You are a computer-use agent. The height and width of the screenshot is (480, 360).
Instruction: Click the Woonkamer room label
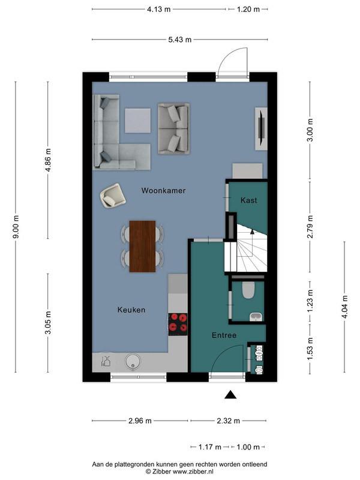click(163, 190)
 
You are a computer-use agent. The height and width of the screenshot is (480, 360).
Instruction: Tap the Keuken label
click(131, 310)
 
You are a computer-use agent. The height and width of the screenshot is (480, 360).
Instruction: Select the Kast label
click(248, 200)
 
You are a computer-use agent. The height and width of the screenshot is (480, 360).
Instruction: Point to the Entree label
click(224, 335)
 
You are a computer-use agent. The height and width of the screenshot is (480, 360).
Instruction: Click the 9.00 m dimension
click(16, 227)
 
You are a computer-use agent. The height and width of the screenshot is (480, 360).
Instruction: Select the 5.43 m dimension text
click(179, 40)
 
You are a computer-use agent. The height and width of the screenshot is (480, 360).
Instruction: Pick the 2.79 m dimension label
click(310, 227)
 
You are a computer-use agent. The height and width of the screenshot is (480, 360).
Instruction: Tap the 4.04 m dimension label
click(344, 307)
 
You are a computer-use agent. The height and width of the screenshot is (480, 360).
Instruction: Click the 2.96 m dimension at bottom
click(140, 421)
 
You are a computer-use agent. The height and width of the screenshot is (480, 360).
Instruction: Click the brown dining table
click(142, 247)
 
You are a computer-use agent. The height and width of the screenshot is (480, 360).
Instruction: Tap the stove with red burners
click(178, 323)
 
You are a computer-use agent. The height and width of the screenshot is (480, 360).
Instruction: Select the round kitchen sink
click(133, 361)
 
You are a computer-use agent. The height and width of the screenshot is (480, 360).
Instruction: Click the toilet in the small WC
click(248, 290)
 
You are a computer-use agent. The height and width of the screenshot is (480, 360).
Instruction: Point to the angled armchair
click(113, 196)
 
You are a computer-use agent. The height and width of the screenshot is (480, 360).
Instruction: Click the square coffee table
click(138, 121)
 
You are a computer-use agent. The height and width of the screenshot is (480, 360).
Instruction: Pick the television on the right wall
click(262, 128)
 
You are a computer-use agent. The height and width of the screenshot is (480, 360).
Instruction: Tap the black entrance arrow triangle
click(230, 395)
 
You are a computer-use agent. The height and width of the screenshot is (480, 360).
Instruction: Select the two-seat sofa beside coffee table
click(173, 128)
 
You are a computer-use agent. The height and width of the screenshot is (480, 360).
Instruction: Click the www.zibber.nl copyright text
click(179, 472)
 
